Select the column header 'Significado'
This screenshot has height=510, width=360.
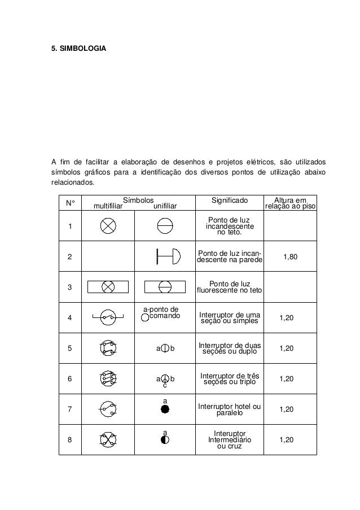[x=229, y=200]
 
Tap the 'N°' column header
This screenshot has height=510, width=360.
[x=71, y=203]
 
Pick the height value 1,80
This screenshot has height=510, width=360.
[x=291, y=256]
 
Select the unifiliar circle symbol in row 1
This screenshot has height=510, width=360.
[x=165, y=226]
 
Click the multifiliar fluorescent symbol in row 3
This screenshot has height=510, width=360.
[x=108, y=287]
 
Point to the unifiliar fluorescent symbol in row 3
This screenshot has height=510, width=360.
[x=165, y=287]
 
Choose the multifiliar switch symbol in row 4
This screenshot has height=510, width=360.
[x=107, y=317]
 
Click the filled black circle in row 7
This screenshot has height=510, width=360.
[x=165, y=408]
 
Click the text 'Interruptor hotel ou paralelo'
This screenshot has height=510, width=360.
[x=229, y=409]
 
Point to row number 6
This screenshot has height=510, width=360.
[x=69, y=378]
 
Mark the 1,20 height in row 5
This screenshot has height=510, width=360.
[x=287, y=348]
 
